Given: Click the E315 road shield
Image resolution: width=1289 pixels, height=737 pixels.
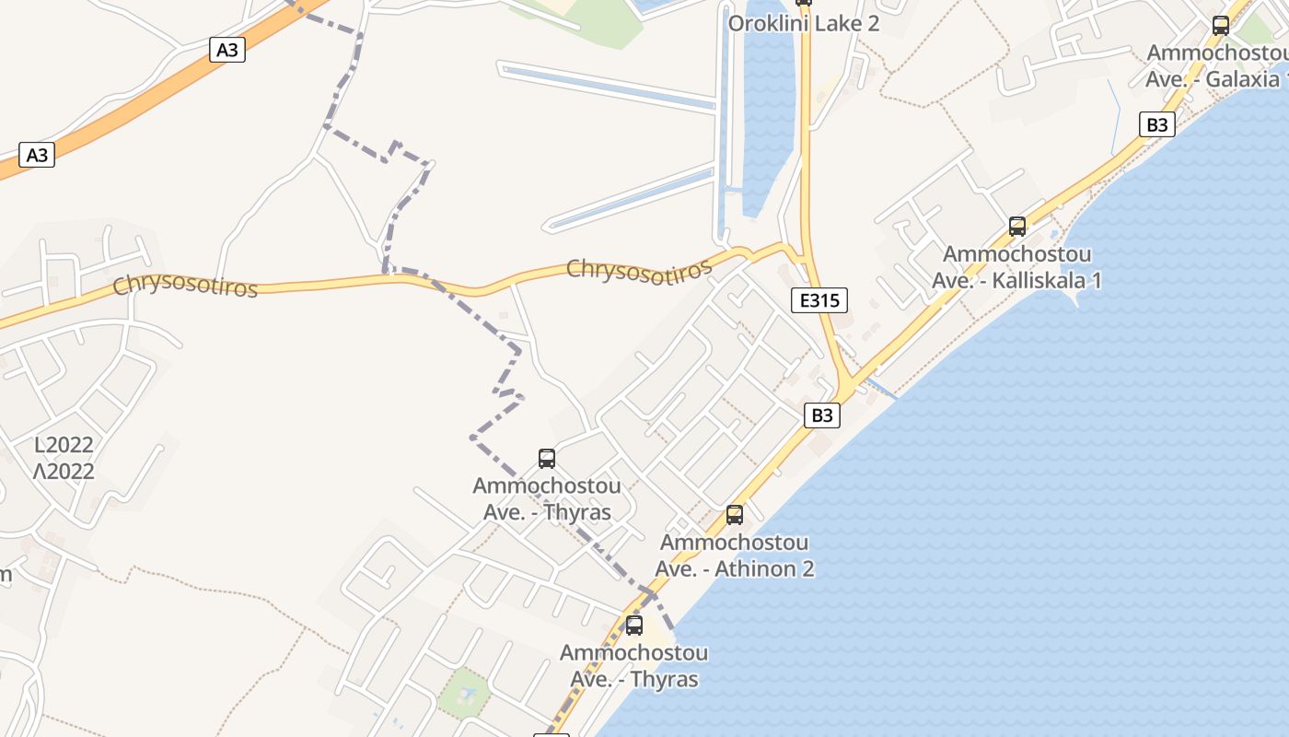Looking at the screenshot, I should coord(819,299).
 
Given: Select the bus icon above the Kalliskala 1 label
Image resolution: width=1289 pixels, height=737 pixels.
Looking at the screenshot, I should coord(1017,226).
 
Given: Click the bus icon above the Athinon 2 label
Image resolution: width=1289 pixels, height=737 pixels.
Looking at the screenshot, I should coord(734,514).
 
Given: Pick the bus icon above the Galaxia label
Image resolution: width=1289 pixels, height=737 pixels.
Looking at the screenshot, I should coord(1221,26).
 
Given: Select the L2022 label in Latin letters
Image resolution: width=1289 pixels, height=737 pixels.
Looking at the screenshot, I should coord(64,445).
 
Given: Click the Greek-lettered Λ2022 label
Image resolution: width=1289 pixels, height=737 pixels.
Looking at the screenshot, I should coord(64,472).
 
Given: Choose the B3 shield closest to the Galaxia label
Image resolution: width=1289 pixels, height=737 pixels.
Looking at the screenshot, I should coord(1157,124).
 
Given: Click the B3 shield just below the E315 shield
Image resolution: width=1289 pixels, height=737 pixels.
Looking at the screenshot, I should coord(822,415).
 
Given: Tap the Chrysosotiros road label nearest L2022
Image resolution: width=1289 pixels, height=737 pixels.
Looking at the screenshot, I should coord(185,286).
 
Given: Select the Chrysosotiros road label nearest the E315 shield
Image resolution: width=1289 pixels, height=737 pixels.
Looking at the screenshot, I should coord(639,269).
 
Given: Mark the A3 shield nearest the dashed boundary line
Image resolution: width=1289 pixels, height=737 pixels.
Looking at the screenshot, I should coord(227,50).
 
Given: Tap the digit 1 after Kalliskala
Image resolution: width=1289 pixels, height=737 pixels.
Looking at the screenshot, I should coord(1095,280).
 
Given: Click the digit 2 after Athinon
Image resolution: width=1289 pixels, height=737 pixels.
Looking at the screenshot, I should coord(807,568).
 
